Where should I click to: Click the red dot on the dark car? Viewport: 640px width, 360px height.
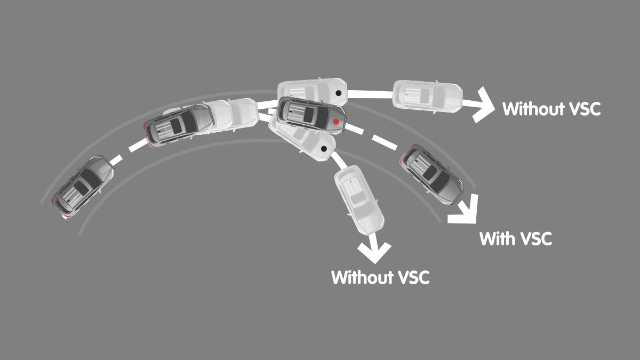[335, 122]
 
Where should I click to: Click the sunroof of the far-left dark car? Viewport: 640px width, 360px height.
[82, 187]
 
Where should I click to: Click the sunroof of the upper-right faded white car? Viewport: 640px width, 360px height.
[425, 95]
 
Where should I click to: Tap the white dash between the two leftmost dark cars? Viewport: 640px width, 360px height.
[123, 155]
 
